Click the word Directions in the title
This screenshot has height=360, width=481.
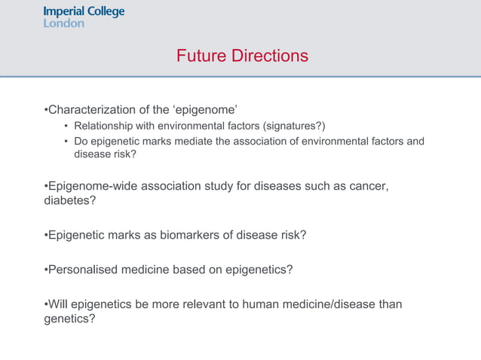[x=268, y=56]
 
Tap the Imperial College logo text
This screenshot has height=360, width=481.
[x=84, y=12]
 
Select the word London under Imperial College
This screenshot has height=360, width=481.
[x=64, y=23]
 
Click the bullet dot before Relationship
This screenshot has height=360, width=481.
[x=66, y=126]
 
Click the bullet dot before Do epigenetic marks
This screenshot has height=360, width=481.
[x=66, y=141]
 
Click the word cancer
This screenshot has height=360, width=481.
[x=369, y=186]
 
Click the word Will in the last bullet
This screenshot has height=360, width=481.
[x=58, y=304]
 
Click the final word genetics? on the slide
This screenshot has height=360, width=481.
[x=69, y=319]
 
